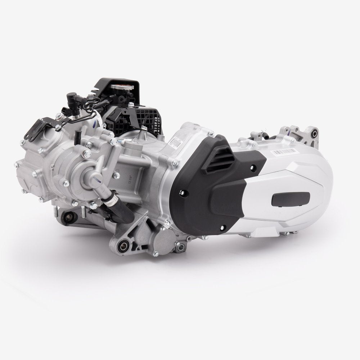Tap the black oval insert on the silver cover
(x=292, y=198)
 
